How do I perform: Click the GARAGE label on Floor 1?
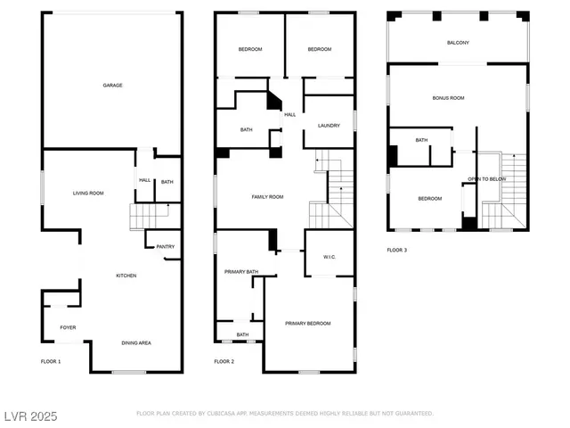pyautogui.click(x=112, y=86)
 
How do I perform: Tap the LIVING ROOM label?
pyautogui.click(x=88, y=193)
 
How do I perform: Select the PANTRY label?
pyautogui.click(x=165, y=247)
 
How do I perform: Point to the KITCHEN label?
pyautogui.click(x=126, y=276)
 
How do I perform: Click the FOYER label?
pyautogui.click(x=68, y=327)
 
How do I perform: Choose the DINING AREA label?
pyautogui.click(x=136, y=342)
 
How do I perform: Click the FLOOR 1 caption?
pyautogui.click(x=51, y=361)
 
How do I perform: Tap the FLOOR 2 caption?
pyautogui.click(x=224, y=361)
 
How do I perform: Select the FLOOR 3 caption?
pyautogui.click(x=397, y=250)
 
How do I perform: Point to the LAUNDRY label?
pyautogui.click(x=329, y=126)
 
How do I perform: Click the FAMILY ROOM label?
pyautogui.click(x=267, y=196)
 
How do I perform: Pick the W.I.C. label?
pyautogui.click(x=328, y=258)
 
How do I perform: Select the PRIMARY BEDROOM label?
pyautogui.click(x=308, y=323)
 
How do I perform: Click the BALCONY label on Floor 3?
pyautogui.click(x=458, y=43)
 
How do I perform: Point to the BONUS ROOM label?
pyautogui.click(x=448, y=98)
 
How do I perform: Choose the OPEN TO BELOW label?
pyautogui.click(x=487, y=178)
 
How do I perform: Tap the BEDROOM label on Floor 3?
pyautogui.click(x=430, y=198)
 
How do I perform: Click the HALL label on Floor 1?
pyautogui.click(x=145, y=181)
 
